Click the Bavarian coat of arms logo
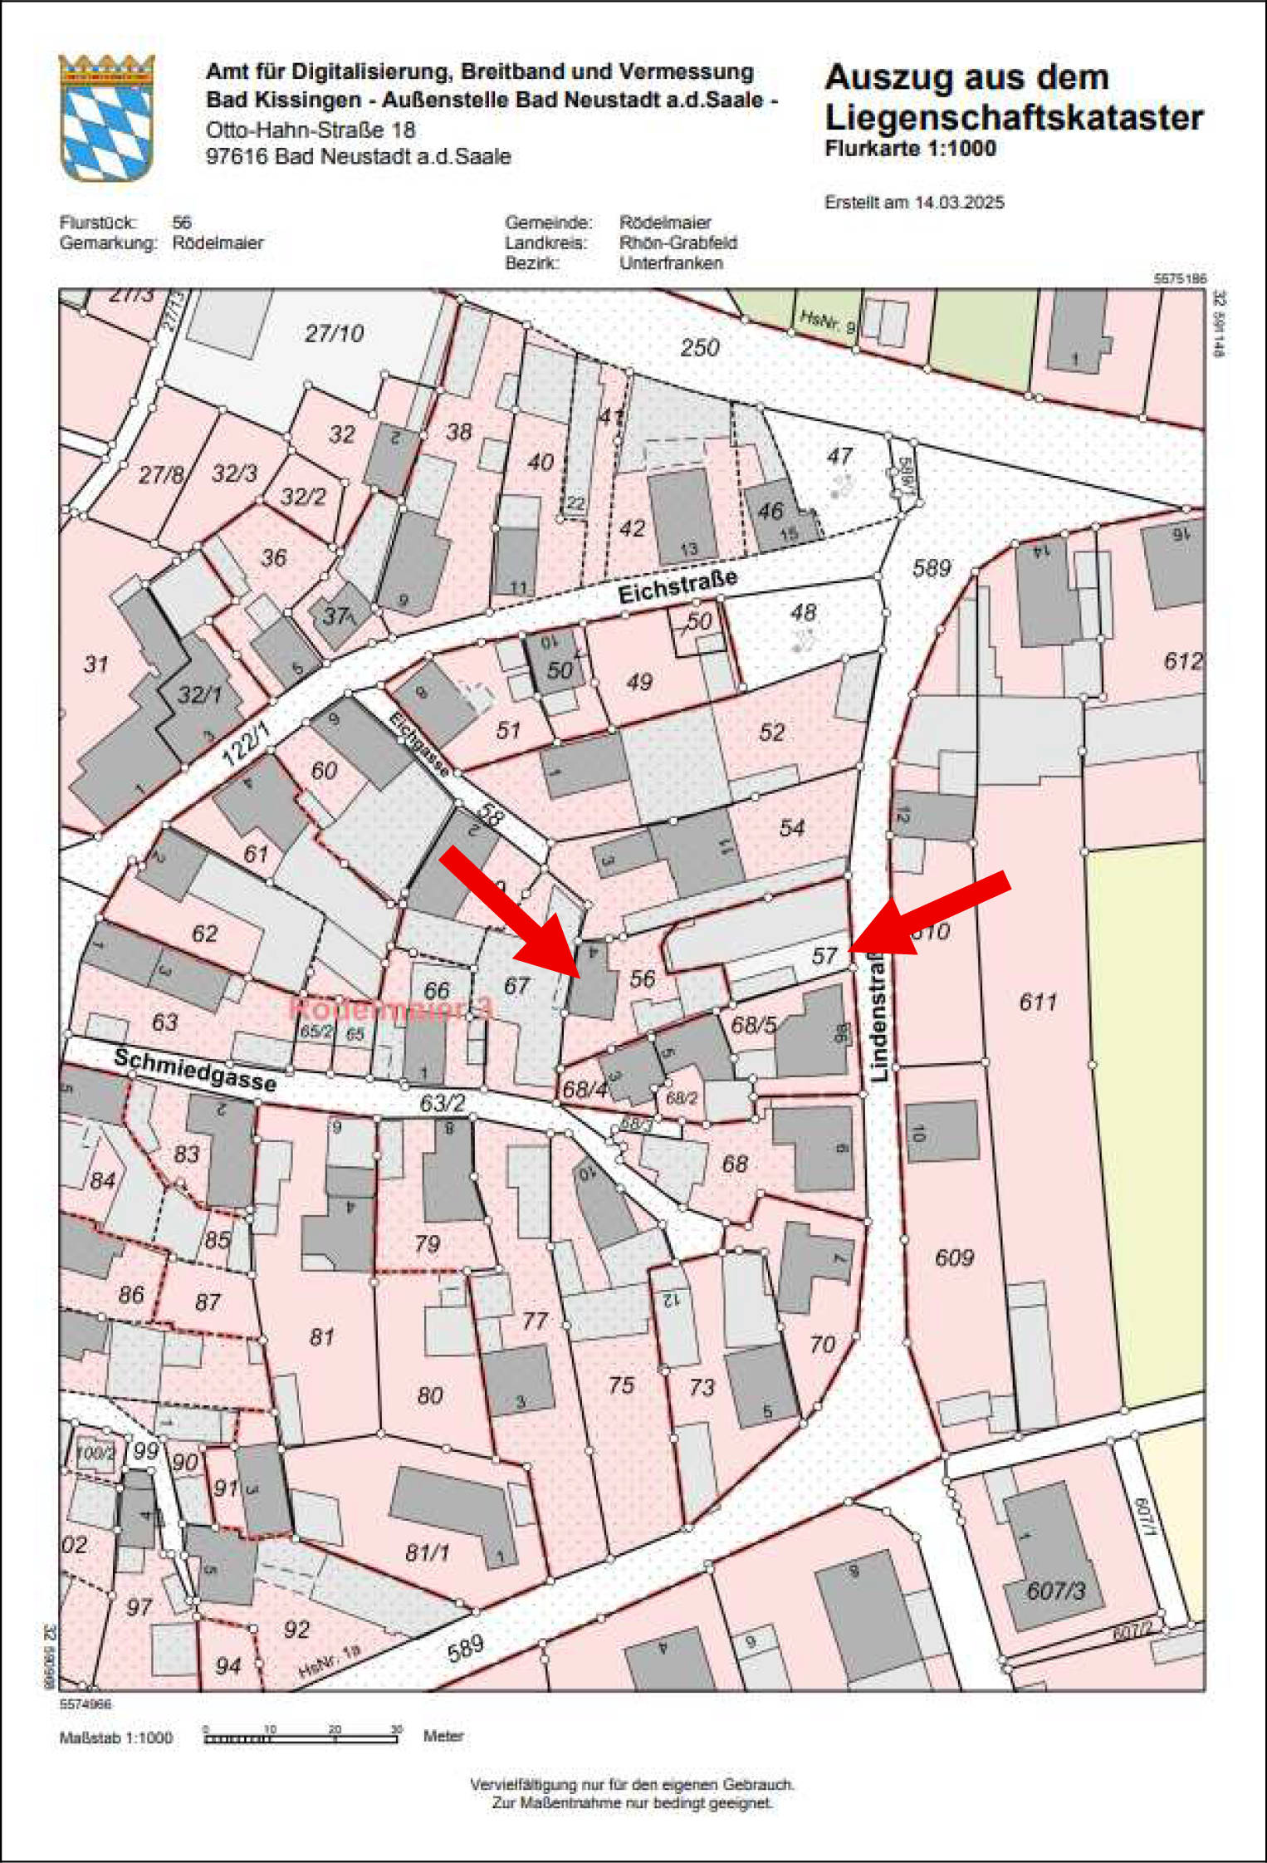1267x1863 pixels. [x=106, y=117]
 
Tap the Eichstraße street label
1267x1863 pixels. [x=678, y=586]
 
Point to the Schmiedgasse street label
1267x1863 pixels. [x=194, y=1069]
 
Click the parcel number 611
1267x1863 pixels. [x=1038, y=1002]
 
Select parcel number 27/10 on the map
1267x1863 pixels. [x=334, y=333]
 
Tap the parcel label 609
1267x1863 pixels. [x=954, y=1257]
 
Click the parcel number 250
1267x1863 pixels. [x=699, y=347]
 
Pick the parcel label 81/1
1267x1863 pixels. [x=428, y=1552]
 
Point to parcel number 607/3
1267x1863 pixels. [x=1055, y=1591]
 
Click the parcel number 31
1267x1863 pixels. [x=96, y=664]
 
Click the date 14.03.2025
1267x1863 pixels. [x=959, y=202]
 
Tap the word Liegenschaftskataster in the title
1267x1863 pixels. [x=1014, y=117]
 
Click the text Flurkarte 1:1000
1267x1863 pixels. [x=910, y=149]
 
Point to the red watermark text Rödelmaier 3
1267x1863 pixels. [x=390, y=1009]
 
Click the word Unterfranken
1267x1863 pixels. [x=671, y=263]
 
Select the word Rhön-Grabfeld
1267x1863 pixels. [x=678, y=243]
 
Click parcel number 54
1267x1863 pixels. [x=791, y=827]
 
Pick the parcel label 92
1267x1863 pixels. [x=296, y=1629]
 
